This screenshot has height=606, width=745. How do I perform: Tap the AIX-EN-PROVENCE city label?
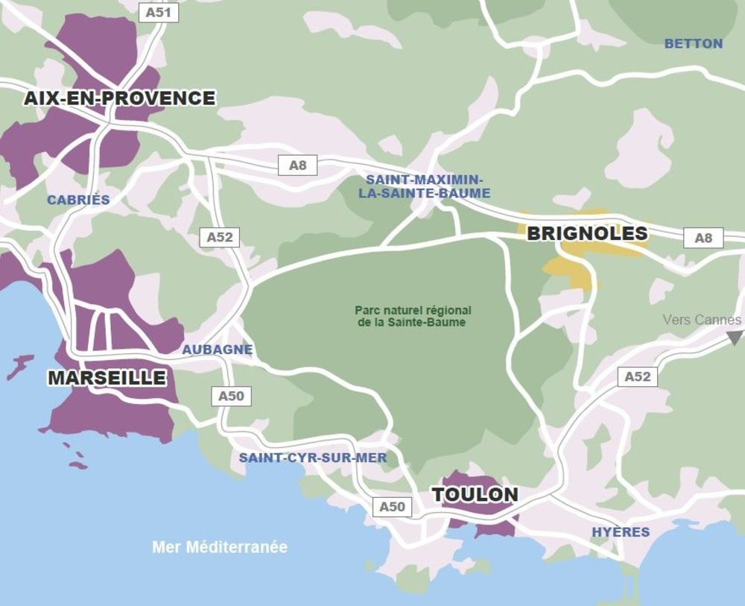(x=119, y=98)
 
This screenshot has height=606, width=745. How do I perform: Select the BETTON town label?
(x=693, y=43)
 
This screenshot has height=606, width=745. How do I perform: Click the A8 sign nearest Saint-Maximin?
(x=297, y=165)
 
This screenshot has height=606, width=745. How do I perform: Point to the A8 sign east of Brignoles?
(x=703, y=238)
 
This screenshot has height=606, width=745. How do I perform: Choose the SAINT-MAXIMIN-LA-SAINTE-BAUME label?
(x=424, y=186)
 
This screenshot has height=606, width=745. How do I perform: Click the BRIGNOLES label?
(x=587, y=233)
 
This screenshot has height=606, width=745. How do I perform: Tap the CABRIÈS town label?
(x=78, y=200)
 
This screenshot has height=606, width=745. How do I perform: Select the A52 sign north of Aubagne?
(x=220, y=237)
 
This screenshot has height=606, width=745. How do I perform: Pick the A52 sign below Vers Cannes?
(x=637, y=376)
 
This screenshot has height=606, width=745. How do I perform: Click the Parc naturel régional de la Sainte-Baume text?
(x=413, y=316)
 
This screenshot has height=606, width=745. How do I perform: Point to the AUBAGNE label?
(x=218, y=350)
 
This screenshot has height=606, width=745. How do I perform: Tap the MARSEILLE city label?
(x=107, y=378)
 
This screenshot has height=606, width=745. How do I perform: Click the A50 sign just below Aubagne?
(x=231, y=397)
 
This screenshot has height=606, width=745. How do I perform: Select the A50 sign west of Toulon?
(x=392, y=507)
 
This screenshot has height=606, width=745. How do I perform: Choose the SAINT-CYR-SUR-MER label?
(x=313, y=458)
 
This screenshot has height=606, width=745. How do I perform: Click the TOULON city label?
(x=475, y=495)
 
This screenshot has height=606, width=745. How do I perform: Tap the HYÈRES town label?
(x=620, y=532)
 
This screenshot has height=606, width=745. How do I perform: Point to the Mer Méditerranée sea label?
(x=220, y=547)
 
